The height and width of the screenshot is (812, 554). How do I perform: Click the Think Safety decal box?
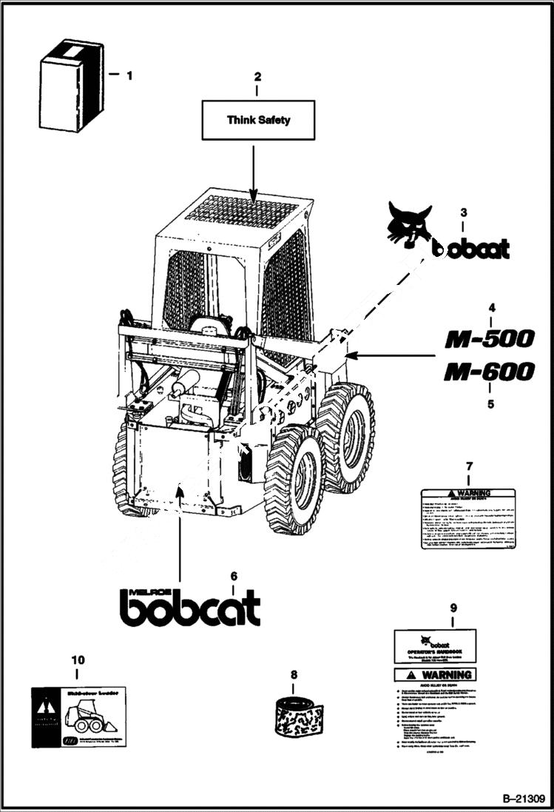pos(258,119)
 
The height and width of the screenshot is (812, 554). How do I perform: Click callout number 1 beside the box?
pos(129,75)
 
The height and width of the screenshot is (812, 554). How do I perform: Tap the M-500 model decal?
pos(488,340)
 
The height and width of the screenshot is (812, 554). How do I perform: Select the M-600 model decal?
pos(488,372)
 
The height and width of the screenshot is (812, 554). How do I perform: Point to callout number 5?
pos(490,404)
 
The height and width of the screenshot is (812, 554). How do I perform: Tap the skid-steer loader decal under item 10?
pos(78,717)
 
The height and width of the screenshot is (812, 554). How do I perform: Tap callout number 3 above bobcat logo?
pos(463,212)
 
